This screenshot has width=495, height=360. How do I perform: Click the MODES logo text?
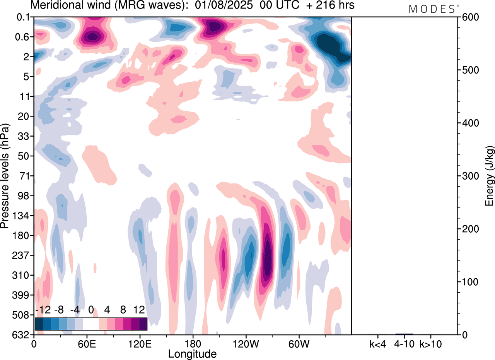point(432,9)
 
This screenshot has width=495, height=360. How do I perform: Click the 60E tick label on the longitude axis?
point(87,343)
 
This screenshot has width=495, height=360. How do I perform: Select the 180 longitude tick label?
point(193,343)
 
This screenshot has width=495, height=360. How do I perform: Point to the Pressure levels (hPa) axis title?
point(5,176)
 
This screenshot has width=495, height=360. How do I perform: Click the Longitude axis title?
point(193,353)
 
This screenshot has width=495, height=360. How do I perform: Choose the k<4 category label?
point(377,343)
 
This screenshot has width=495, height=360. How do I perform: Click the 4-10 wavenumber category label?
point(404,343)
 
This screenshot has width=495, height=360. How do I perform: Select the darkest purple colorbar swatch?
point(143,324)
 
